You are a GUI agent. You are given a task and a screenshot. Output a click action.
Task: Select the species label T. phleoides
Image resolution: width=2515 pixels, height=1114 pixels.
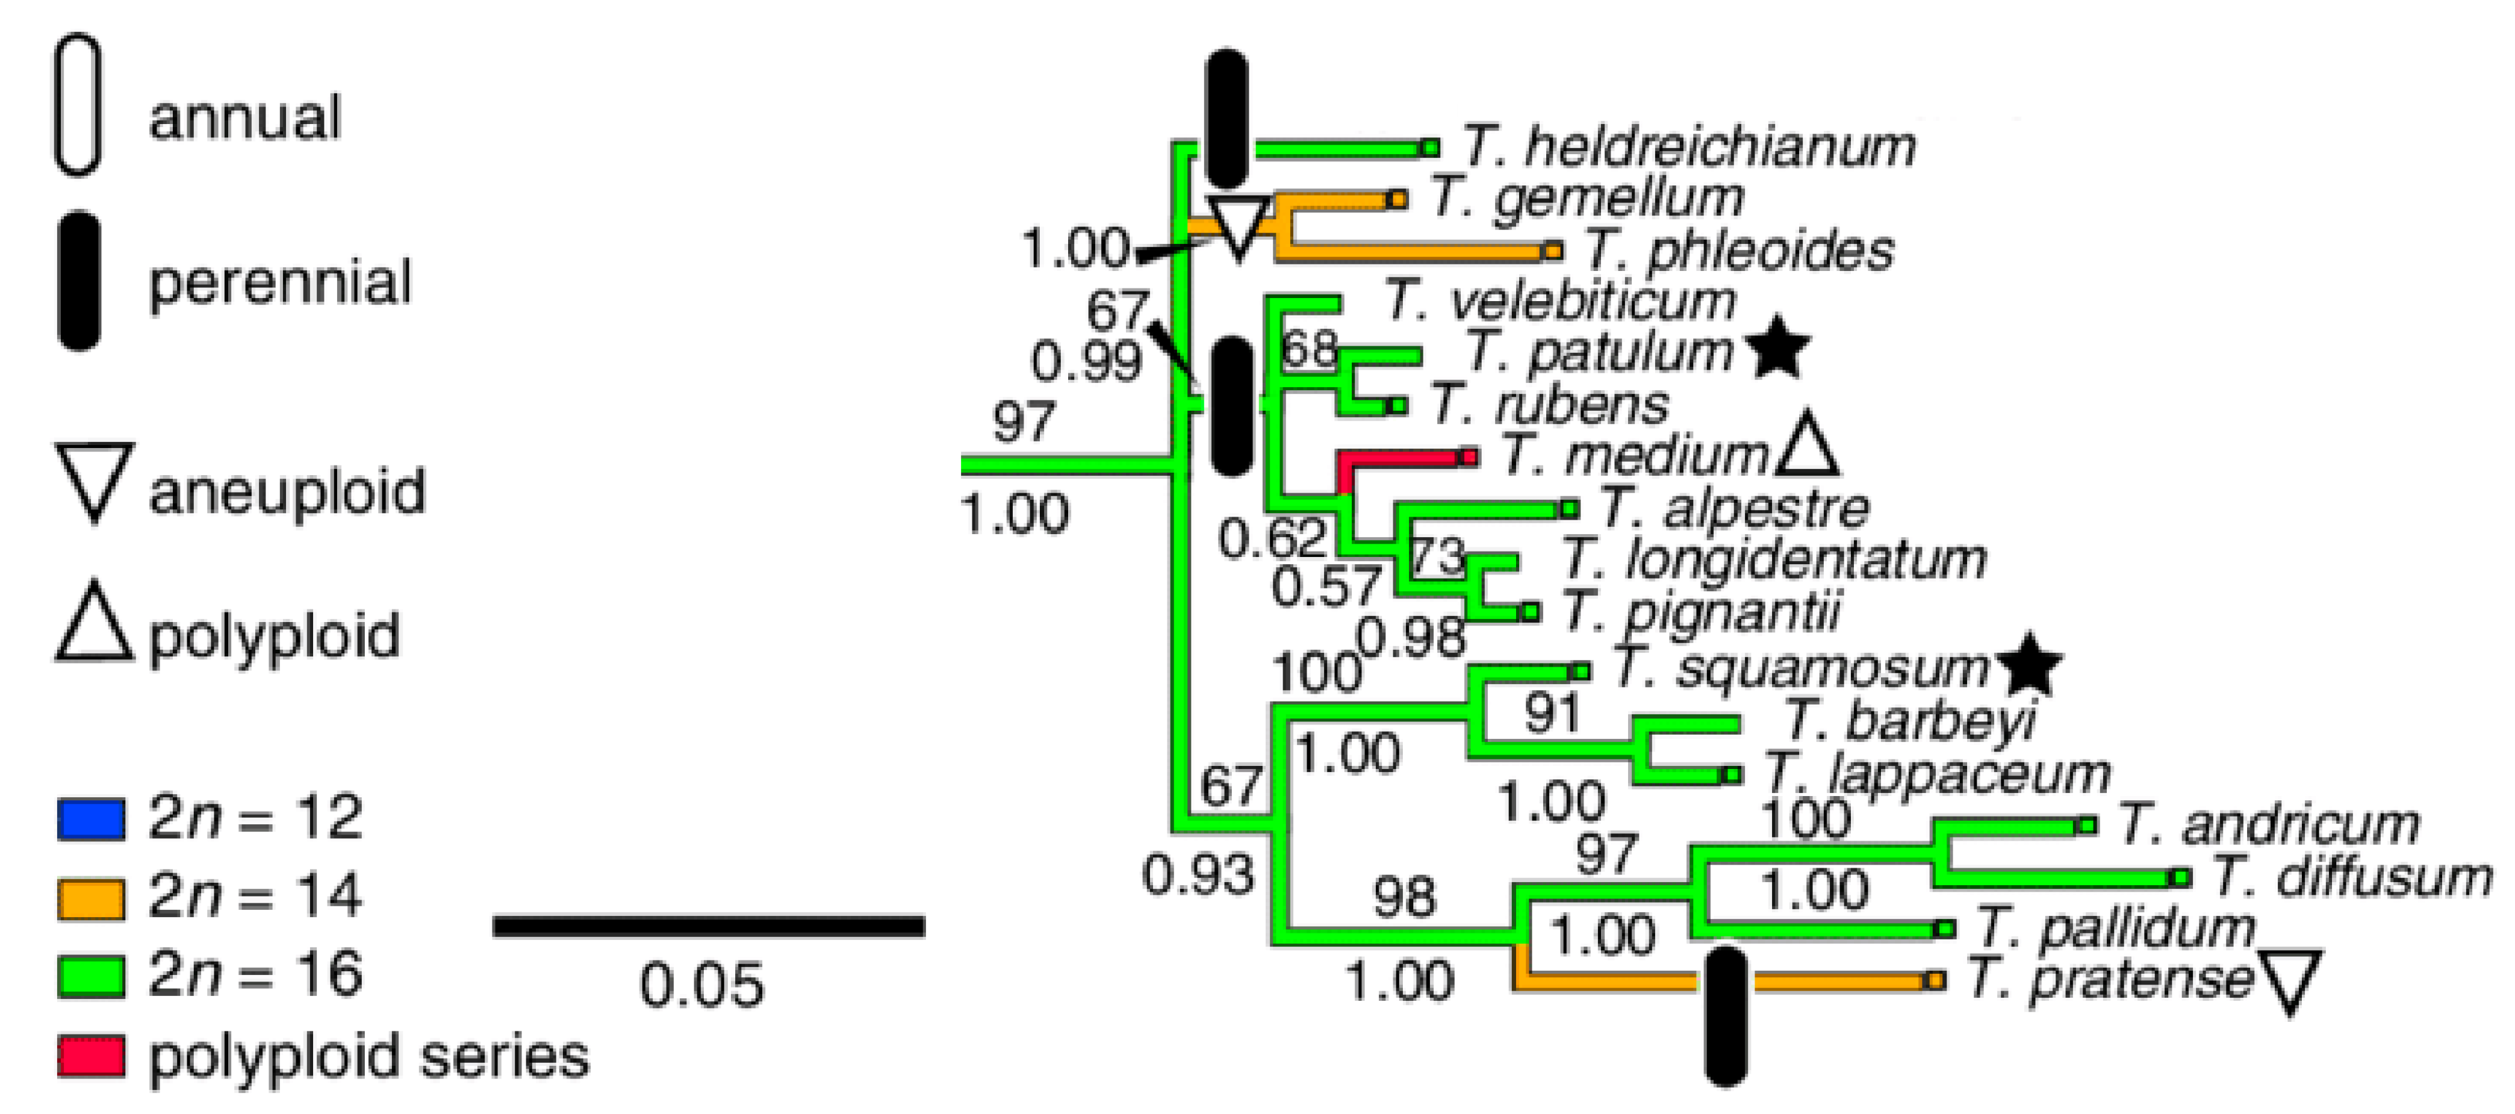coord(1738,251)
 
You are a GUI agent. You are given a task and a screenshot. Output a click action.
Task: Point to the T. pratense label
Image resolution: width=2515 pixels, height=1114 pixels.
coord(2109,979)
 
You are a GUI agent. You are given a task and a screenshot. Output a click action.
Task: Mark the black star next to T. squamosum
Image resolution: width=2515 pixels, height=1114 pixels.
coord(2028,667)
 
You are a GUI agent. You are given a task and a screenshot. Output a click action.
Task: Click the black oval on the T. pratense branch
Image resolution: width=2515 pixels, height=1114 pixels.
coord(1725,1015)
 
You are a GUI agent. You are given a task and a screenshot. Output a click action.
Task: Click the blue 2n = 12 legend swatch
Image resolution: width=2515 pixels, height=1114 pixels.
coord(91,819)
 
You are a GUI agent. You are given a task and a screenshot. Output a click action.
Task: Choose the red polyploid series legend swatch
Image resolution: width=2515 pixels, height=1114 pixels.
coord(91,1056)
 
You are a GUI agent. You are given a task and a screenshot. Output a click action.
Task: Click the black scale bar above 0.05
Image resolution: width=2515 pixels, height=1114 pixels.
coord(709,926)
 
